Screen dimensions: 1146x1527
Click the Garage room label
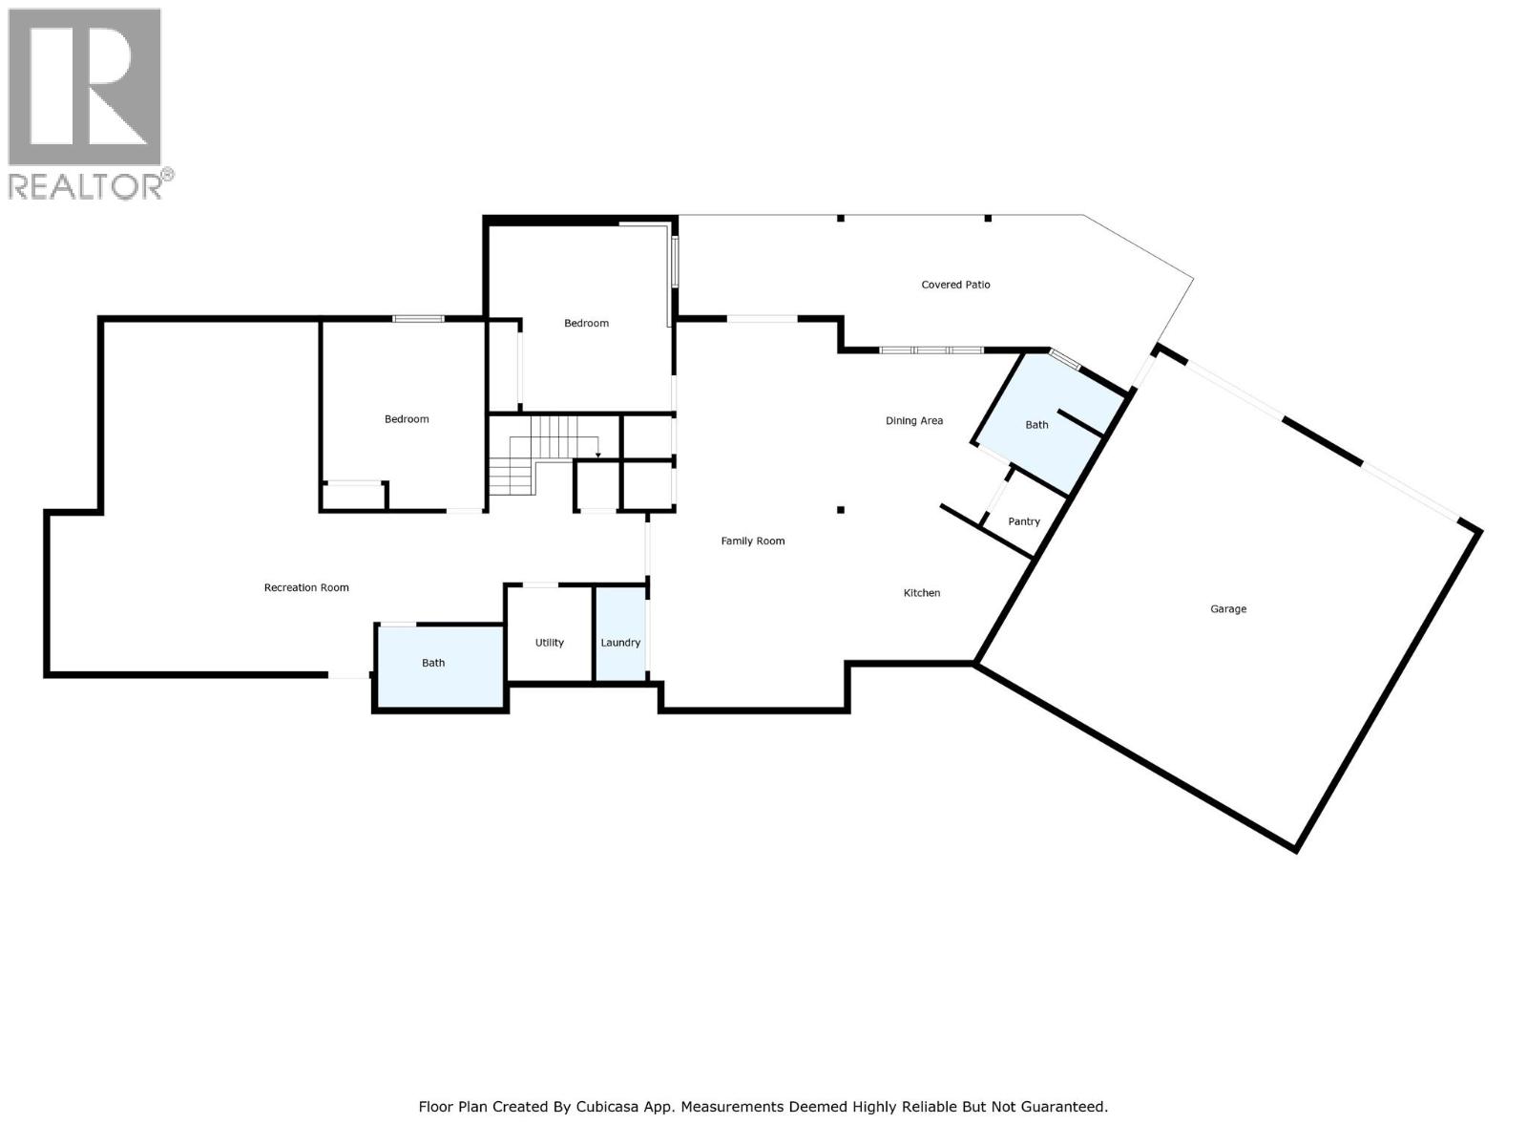click(x=1228, y=608)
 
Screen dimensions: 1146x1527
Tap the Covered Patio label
click(x=955, y=285)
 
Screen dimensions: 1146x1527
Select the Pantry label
click(x=1024, y=521)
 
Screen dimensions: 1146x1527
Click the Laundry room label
click(x=620, y=643)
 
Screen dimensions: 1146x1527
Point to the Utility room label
click(x=550, y=643)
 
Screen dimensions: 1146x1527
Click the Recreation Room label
click(x=306, y=587)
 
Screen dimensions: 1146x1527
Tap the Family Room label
click(x=752, y=541)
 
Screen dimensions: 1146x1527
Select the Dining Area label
click(x=913, y=420)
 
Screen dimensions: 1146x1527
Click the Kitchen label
click(x=922, y=593)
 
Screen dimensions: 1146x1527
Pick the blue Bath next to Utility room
click(x=433, y=663)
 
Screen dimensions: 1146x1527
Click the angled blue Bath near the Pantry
click(x=1036, y=425)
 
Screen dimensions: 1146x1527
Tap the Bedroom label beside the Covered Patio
click(x=586, y=323)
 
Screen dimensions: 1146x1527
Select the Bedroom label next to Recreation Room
click(x=407, y=419)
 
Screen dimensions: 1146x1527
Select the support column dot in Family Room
click(x=841, y=510)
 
